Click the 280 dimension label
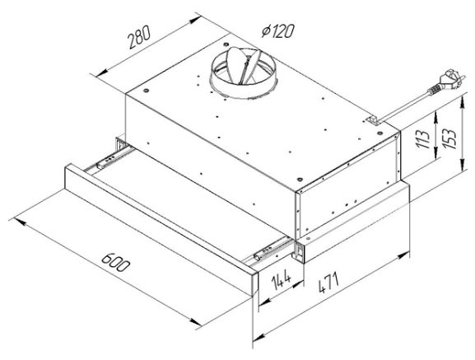tap(139, 37)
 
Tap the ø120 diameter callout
tap(278, 31)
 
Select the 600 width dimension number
tap(115, 263)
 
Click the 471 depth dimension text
tap(329, 283)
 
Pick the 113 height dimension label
tap(423, 139)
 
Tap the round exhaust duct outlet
tap(242, 73)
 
